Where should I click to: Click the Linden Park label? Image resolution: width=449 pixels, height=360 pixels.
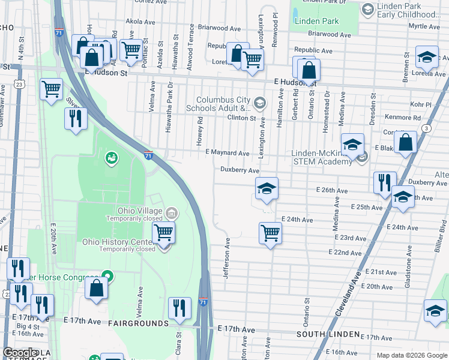pyautogui.click(x=317, y=21)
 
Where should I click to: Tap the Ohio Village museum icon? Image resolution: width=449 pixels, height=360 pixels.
pyautogui.click(x=171, y=212)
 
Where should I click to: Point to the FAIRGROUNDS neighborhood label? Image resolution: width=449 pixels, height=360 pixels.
pyautogui.click(x=139, y=323)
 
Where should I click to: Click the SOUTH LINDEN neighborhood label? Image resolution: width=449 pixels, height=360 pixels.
pyautogui.click(x=328, y=334)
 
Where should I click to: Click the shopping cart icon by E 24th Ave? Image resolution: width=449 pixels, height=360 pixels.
pyautogui.click(x=271, y=232)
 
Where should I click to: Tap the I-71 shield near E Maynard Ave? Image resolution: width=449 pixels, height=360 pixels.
pyautogui.click(x=148, y=155)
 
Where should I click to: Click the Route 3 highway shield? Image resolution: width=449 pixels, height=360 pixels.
pyautogui.click(x=426, y=128)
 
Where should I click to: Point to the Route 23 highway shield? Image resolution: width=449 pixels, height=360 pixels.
pyautogui.click(x=20, y=85)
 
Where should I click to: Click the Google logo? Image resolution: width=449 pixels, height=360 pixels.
pyautogui.click(x=20, y=352)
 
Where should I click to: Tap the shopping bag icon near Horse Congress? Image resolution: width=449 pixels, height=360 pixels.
pyautogui.click(x=96, y=288)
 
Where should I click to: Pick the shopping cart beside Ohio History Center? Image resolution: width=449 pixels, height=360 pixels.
pyautogui.click(x=164, y=233)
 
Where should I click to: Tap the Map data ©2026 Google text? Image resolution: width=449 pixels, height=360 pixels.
pyautogui.click(x=411, y=355)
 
